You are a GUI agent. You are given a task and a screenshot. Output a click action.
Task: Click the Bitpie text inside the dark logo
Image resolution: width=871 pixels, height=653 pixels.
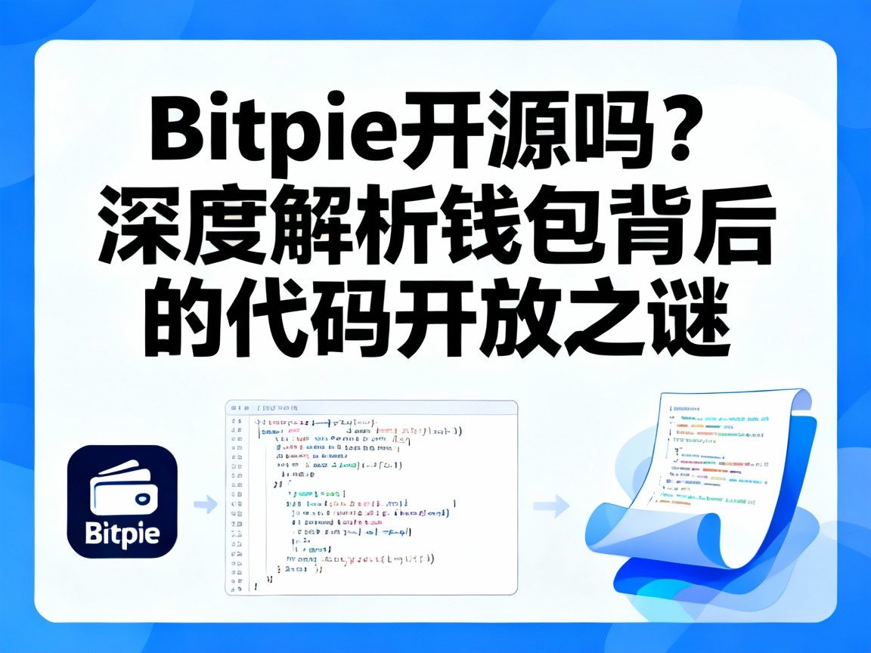[122, 534]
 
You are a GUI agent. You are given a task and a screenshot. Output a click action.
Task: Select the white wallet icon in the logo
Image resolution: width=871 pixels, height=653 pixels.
[122, 491]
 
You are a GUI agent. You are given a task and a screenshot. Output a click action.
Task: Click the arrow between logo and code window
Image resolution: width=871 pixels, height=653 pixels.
[205, 504]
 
